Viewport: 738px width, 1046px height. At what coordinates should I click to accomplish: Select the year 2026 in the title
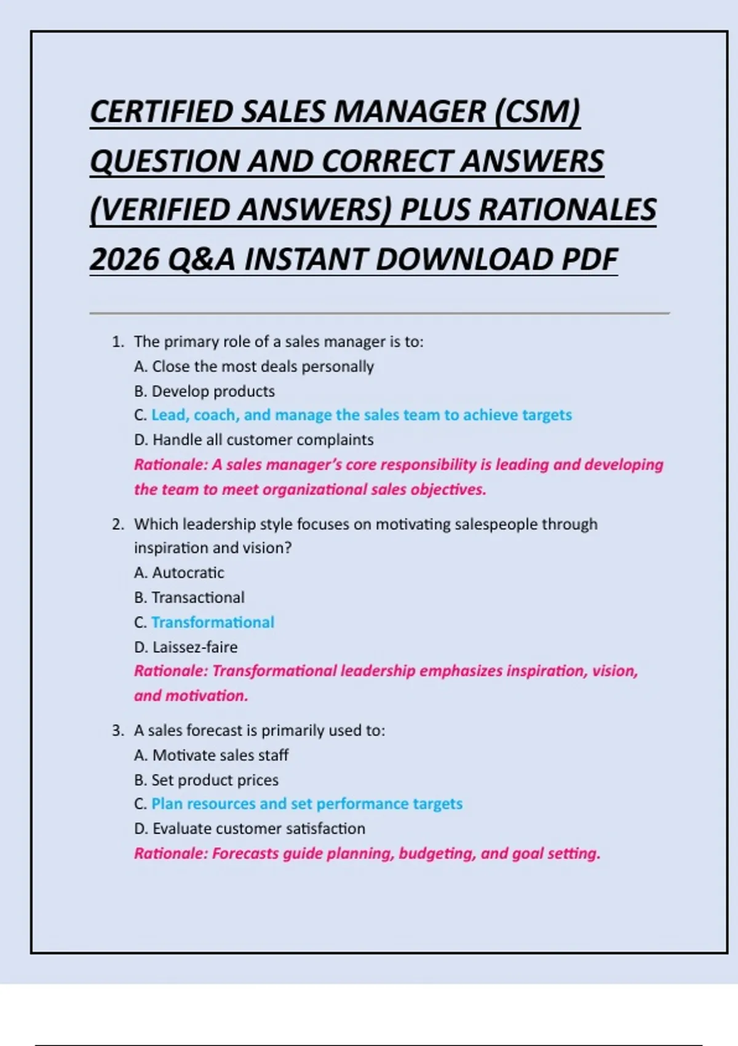125,259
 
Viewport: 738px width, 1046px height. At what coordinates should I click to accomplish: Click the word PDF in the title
589,259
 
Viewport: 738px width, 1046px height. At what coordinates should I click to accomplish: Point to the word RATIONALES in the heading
567,210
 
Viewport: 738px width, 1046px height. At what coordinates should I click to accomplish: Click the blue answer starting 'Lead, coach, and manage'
362,415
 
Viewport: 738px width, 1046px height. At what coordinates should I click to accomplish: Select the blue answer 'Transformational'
213,622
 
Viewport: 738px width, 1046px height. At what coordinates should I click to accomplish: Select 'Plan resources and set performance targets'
307,804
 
